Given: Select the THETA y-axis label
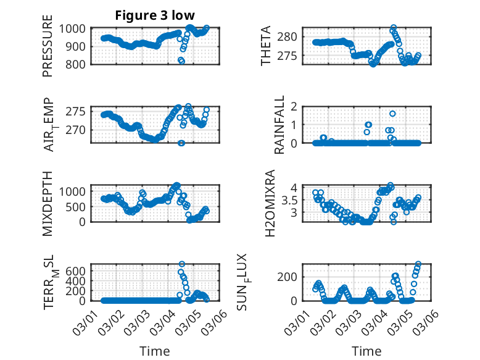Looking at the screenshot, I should point(266,46).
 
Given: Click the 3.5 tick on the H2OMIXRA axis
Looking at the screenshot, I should point(300,199).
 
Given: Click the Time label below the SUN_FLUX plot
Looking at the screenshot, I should point(366,351).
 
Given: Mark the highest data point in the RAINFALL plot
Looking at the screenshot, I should point(392,114).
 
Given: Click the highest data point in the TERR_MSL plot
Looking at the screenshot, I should point(181,264).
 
